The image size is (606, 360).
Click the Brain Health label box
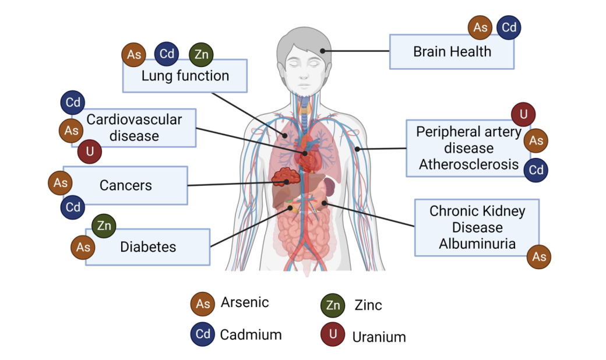coord(452,52)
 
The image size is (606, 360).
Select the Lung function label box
coord(185,76)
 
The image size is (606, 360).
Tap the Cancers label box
coord(125,185)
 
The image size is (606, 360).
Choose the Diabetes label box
coord(147,247)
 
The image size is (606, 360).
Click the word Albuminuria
coord(477,243)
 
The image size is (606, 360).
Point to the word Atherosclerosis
coord(469,164)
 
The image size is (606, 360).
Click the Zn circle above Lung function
coord(202,54)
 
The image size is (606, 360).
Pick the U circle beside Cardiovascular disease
coord(90,151)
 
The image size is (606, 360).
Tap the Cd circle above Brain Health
coord(509,27)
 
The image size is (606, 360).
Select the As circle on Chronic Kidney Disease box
coord(539,256)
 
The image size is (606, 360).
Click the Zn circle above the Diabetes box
coord(104,225)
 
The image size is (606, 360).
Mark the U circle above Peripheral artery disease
coord(523,114)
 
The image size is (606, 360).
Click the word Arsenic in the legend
coord(245,302)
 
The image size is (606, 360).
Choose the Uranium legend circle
coord(333,334)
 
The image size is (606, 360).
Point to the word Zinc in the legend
coord(368,305)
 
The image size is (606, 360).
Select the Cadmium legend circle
coord(203,334)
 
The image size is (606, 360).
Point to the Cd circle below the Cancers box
coord(73,207)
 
